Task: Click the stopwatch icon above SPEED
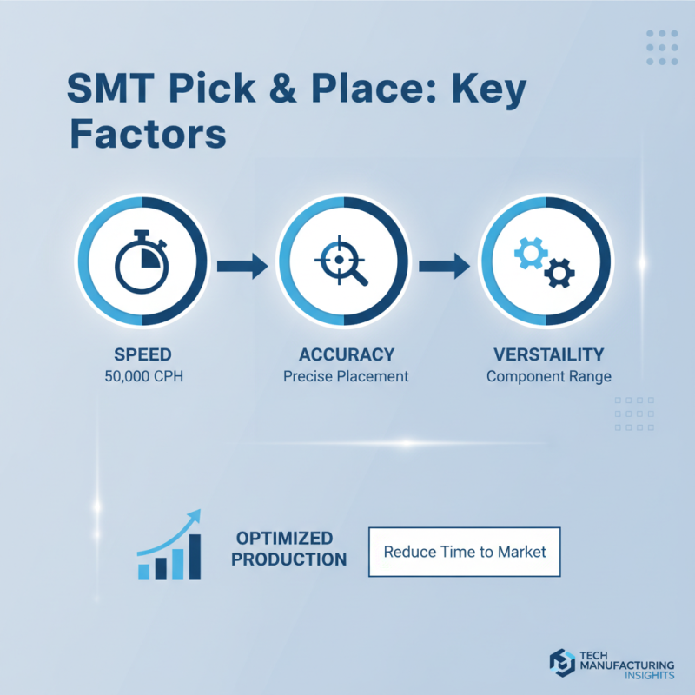coord(142,261)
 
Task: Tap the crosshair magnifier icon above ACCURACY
coord(344,261)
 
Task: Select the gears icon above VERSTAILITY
coord(546,261)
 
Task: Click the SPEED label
coord(142,354)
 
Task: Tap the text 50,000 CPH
coord(142,377)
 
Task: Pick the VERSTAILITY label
coord(546,354)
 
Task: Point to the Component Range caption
coord(546,377)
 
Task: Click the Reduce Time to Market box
coord(465,552)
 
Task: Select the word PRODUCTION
coord(289,559)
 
